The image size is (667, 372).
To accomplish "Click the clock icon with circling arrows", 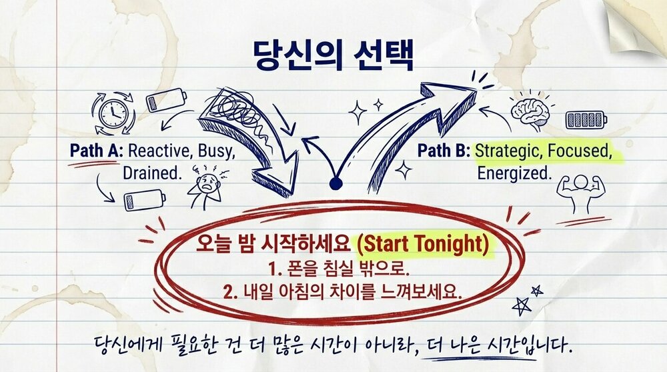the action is pos(113,113).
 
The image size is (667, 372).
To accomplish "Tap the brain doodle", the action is pos(530,111).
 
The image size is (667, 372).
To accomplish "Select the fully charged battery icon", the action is pos(586,120).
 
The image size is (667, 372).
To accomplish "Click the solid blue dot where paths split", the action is pos(336,183).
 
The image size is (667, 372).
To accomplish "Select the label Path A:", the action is pos(96,151).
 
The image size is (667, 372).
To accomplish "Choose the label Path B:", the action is pos(444,151).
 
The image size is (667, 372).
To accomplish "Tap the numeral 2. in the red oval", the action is pos(230,293).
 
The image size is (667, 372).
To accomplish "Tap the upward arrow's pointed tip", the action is pos(475,90).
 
